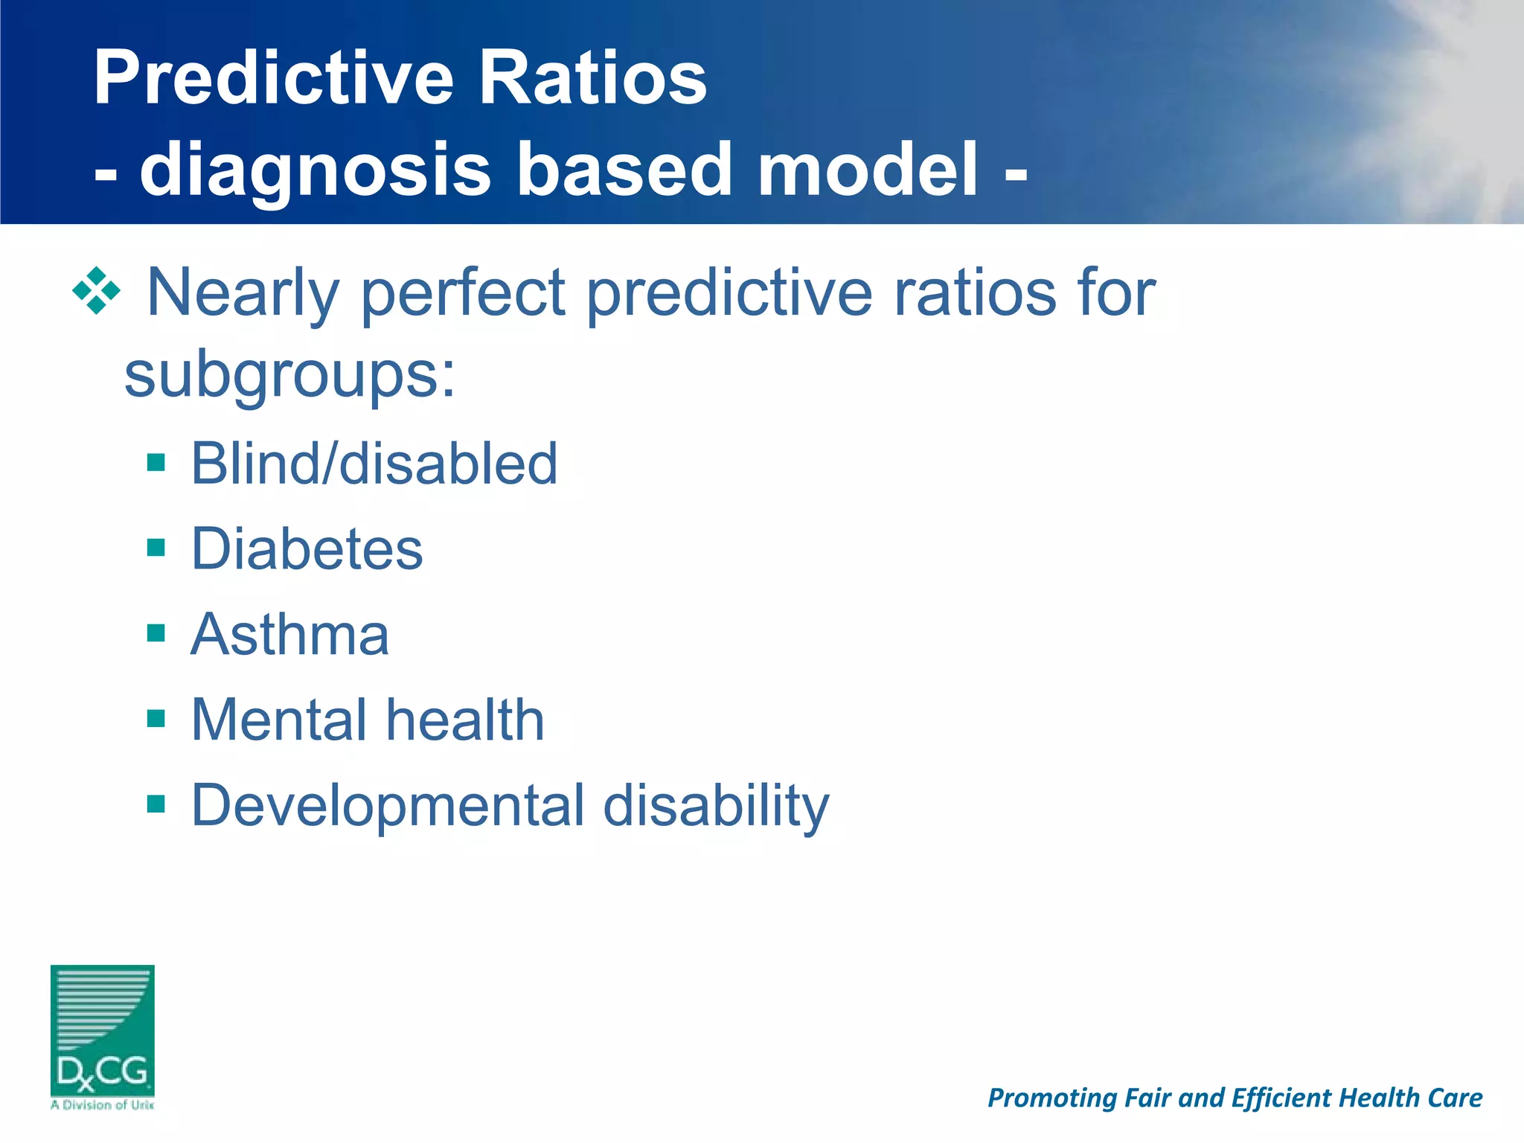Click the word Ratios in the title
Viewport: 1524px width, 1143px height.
pyautogui.click(x=592, y=77)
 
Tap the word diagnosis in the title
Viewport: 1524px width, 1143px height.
pyautogui.click(x=316, y=170)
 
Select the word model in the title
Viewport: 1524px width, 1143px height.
pyautogui.click(x=867, y=169)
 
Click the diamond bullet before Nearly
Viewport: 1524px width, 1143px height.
pyautogui.click(x=97, y=291)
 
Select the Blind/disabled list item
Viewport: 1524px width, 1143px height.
pyautogui.click(x=374, y=464)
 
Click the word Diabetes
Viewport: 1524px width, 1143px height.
pyautogui.click(x=307, y=549)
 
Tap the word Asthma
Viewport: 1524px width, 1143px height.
pyautogui.click(x=289, y=635)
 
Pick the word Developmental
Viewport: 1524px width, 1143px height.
pyautogui.click(x=388, y=806)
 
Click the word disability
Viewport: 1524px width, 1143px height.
pyautogui.click(x=716, y=806)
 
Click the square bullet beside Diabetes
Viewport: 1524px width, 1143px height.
pyautogui.click(x=156, y=548)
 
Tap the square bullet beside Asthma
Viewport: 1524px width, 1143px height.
pyautogui.click(x=156, y=634)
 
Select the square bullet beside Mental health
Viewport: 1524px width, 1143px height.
pyautogui.click(x=156, y=719)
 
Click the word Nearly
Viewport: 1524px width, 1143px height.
pyautogui.click(x=243, y=292)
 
